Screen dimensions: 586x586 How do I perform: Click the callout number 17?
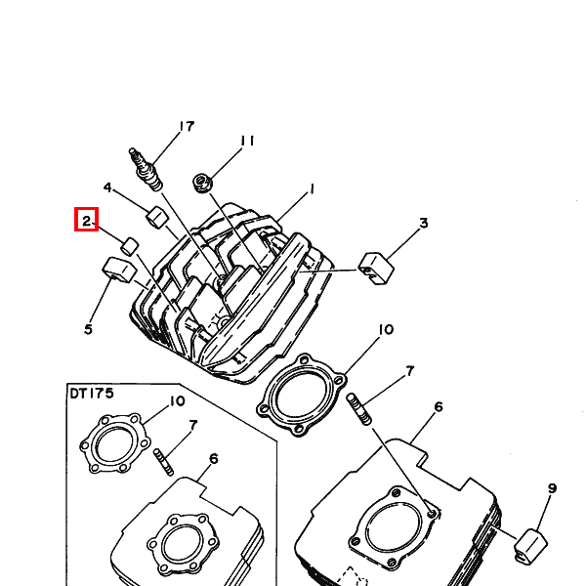point(187,126)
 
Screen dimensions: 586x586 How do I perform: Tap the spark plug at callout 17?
point(146,169)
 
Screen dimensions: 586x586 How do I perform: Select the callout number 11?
point(247,141)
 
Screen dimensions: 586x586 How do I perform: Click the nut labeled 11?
point(202,183)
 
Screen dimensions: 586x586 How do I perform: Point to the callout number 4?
point(107,188)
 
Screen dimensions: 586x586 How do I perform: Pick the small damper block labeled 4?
point(157,217)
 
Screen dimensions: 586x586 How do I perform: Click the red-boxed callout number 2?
point(86,221)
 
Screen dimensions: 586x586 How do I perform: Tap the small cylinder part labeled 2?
point(130,246)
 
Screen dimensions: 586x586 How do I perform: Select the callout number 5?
point(88,329)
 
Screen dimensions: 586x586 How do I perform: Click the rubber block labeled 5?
point(119,270)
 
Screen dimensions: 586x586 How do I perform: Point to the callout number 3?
point(424,223)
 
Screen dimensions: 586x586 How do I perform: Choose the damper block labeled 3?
point(376,269)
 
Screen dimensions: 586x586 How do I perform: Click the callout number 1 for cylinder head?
point(312,189)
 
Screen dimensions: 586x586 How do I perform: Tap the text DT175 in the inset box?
point(92,394)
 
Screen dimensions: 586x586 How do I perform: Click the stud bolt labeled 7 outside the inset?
point(359,409)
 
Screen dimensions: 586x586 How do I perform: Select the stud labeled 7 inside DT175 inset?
point(164,462)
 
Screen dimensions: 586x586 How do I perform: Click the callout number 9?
point(552,488)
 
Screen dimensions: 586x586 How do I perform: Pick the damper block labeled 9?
point(530,546)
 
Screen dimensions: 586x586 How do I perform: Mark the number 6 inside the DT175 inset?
point(213,458)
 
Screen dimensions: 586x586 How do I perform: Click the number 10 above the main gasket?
point(386,330)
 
